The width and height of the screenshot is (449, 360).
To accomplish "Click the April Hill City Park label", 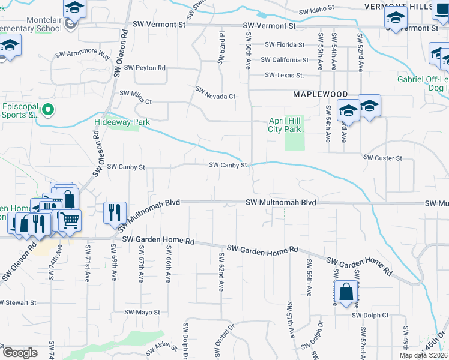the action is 284,125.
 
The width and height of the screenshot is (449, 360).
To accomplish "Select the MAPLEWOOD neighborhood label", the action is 320,95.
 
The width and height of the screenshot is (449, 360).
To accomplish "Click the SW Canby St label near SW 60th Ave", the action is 228,165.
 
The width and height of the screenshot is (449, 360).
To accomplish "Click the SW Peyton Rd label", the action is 142,68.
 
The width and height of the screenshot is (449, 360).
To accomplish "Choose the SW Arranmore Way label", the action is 83,55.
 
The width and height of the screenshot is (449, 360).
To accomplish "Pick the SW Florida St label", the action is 285,44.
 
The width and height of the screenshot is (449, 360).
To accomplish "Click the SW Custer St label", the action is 382,157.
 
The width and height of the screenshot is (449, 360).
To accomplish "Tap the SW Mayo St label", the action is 142,312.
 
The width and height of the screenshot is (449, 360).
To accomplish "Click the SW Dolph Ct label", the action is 370,315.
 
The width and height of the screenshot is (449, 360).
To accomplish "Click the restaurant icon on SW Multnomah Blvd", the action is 115,212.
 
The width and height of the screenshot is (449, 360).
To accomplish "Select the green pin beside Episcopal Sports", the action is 50,110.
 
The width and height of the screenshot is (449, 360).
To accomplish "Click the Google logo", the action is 20,353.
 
